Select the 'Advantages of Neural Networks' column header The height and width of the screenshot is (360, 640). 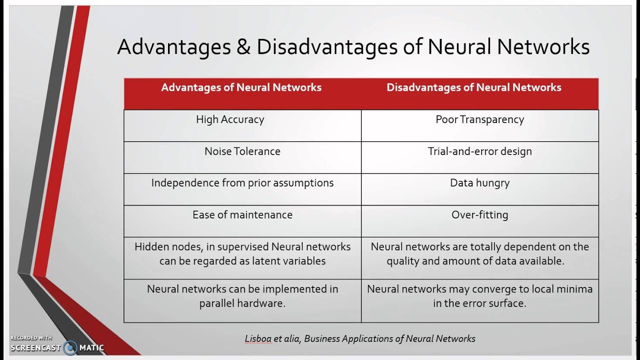coord(241,87)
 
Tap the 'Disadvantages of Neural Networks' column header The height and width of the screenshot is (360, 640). coord(473,87)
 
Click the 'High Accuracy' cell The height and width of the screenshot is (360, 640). coord(230,119)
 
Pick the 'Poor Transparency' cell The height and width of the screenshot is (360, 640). coord(479,119)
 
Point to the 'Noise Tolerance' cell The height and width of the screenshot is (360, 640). coord(242,151)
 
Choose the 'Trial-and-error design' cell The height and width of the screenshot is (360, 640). coord(479,151)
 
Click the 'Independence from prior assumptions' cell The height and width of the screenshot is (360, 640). coord(242,183)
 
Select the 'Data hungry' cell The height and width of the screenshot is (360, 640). coord(479,183)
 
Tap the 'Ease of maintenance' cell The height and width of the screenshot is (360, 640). coord(242,215)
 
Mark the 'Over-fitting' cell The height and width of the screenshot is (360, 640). coord(479,215)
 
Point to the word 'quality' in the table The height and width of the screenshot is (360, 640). coord(404,261)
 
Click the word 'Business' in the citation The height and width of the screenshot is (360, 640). coord(321,339)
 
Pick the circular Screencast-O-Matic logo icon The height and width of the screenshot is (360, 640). coord(70,347)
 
